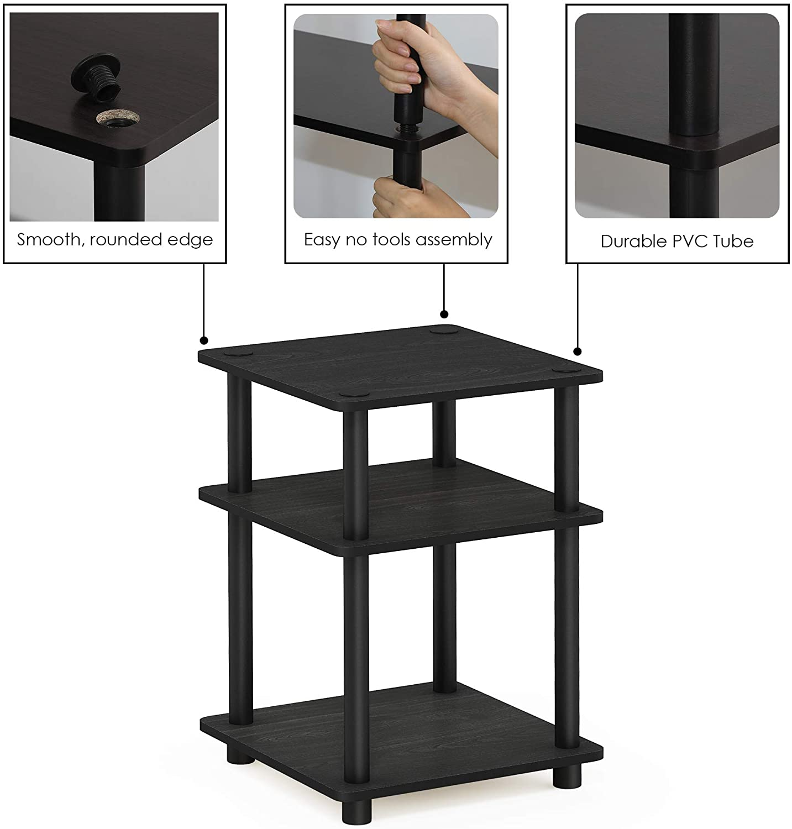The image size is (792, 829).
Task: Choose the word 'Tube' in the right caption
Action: (x=733, y=241)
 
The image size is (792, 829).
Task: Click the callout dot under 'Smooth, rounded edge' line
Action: (x=204, y=340)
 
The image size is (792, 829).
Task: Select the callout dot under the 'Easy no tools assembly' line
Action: (x=444, y=314)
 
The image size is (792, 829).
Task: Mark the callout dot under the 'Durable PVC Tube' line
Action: (x=578, y=351)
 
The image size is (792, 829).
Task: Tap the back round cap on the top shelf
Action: (x=441, y=332)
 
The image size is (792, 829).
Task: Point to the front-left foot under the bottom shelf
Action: (x=241, y=754)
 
